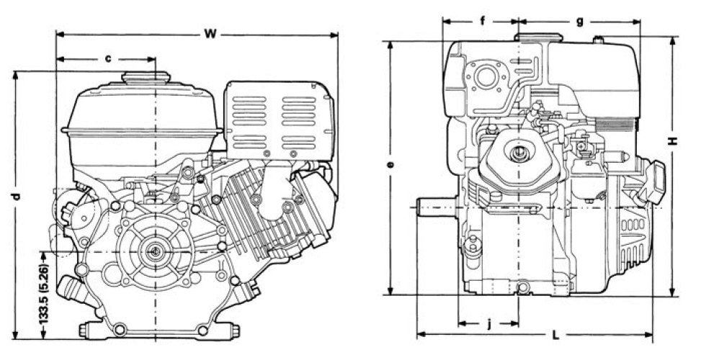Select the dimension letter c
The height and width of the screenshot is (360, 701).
[x=108, y=58]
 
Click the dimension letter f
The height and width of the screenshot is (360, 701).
[x=482, y=21]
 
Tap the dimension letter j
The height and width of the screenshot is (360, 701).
[x=489, y=323]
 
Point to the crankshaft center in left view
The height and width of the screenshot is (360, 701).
[x=155, y=251]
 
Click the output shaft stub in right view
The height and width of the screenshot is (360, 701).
[x=434, y=207]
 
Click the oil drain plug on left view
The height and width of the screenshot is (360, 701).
[x=70, y=288]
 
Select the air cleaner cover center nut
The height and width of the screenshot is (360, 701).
[x=518, y=153]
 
